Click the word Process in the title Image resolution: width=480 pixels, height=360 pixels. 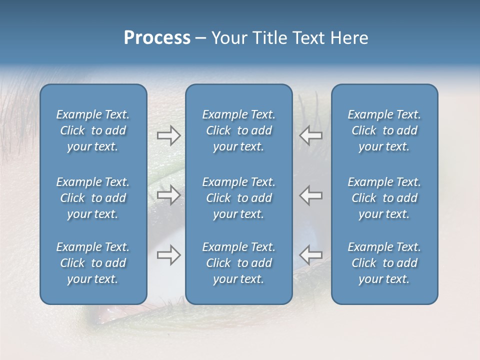click(x=157, y=38)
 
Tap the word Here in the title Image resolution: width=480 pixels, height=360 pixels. click(x=349, y=38)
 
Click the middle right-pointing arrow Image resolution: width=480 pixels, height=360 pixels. click(x=168, y=195)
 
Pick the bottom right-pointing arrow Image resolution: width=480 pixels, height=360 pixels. click(x=168, y=255)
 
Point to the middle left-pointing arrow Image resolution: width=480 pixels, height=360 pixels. click(x=311, y=195)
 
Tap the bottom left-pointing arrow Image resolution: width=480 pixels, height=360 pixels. click(x=311, y=255)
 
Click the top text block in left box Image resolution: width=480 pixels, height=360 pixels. click(x=93, y=130)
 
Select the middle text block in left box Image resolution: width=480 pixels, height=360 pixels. click(x=93, y=198)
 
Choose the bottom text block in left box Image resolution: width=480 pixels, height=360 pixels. click(x=93, y=263)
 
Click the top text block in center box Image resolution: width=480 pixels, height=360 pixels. click(x=238, y=130)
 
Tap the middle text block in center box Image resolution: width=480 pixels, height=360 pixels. click(x=238, y=198)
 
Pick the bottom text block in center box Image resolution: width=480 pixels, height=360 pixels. click(x=238, y=263)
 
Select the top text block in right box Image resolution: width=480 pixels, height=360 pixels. click(x=384, y=130)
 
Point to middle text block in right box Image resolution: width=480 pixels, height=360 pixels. click(x=384, y=198)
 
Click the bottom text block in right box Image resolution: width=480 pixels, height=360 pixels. click(x=384, y=263)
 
